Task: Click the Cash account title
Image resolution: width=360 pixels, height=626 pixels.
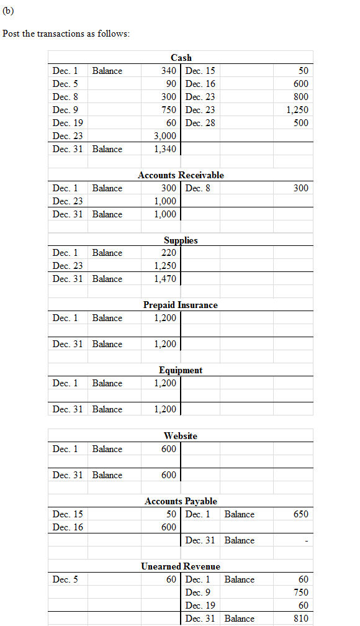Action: pos(181,58)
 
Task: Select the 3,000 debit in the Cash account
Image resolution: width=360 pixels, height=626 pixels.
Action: pos(166,136)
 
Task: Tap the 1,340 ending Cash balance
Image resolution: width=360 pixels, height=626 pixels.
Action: pos(166,149)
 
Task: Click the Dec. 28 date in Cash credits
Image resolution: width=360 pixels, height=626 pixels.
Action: pos(200,123)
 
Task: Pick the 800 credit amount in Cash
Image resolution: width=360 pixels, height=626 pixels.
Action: pos(300,97)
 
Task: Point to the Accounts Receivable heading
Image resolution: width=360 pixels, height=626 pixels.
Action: pos(181,175)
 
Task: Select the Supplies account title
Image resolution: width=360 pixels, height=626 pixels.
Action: pos(181,240)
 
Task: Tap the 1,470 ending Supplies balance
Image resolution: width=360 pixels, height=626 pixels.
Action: pos(166,279)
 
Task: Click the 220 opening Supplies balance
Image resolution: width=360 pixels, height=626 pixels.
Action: pos(169,253)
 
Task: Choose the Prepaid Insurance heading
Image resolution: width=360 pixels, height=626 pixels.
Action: pos(181,305)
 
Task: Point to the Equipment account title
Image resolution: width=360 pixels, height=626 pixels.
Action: pos(181,370)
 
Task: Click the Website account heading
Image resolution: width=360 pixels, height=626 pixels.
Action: pos(181,436)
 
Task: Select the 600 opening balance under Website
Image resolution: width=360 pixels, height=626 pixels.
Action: pos(169,449)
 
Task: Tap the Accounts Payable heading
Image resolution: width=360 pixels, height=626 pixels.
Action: pos(181,501)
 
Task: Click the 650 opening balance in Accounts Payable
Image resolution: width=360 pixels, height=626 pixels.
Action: pos(300,514)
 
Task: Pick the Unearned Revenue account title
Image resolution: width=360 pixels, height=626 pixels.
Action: pos(181,566)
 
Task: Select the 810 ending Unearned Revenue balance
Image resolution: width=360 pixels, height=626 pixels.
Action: pos(300,619)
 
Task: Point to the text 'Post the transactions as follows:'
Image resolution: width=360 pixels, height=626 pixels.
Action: pos(66,34)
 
